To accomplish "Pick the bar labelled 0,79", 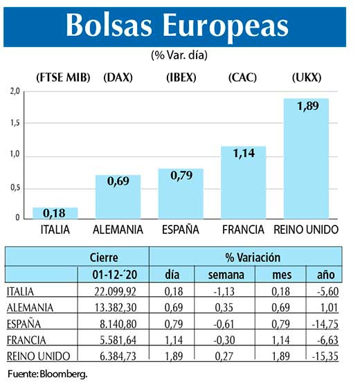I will (x=180, y=193).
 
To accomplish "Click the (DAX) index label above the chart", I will (x=117, y=77).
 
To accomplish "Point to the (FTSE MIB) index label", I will (x=54, y=77).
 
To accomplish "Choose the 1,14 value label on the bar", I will (x=243, y=156).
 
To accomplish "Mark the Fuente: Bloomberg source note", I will (x=48, y=373).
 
